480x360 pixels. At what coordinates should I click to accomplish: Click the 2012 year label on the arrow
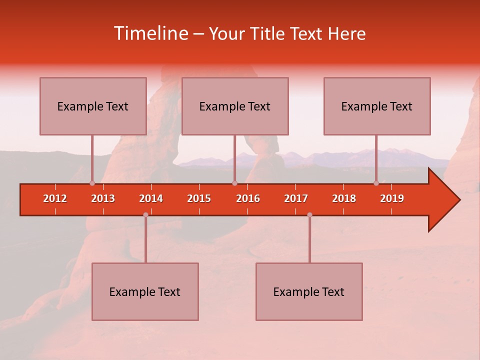[55, 198]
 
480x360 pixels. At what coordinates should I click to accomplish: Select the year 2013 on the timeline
[103, 198]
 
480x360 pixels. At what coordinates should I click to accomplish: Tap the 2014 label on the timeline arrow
[151, 198]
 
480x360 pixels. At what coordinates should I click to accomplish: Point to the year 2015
[199, 198]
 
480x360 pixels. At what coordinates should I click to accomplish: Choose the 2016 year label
[248, 198]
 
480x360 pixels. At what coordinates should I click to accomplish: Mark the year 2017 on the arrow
[296, 198]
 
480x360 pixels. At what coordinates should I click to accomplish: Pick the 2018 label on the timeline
[344, 198]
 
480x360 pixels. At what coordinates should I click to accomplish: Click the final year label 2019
[392, 198]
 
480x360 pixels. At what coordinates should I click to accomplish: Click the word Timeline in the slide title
[151, 33]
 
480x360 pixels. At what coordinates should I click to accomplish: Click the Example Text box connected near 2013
[93, 106]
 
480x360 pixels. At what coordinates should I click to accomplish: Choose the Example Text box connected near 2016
[235, 106]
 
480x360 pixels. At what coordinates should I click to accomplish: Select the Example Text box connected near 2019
[377, 106]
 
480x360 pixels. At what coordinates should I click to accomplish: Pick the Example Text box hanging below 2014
[145, 291]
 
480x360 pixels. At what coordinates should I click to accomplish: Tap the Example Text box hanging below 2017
[309, 291]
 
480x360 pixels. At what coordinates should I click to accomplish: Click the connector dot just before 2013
[92, 183]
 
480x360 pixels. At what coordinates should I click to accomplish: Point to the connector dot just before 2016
[234, 183]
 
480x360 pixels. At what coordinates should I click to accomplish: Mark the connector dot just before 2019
[376, 183]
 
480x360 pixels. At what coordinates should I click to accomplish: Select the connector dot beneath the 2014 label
[145, 215]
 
